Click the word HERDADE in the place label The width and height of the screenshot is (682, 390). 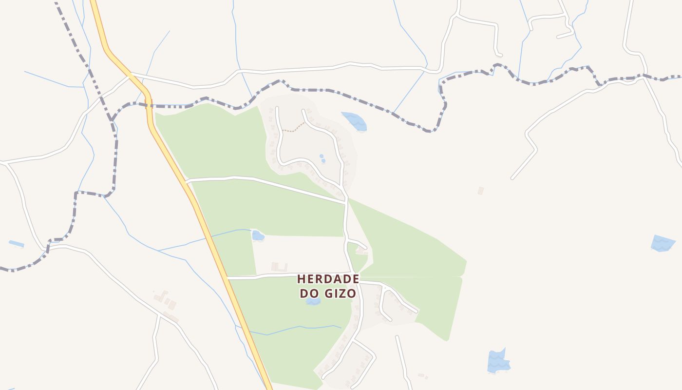tap(328, 279)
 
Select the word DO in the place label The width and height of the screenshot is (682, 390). tap(309, 294)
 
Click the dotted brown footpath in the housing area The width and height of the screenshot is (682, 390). tap(293, 129)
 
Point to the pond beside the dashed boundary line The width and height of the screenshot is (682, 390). tap(355, 121)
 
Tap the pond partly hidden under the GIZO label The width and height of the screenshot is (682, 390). tap(313, 302)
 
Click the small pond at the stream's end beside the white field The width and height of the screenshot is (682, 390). tap(257, 236)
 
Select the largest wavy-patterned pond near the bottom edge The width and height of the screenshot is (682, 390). tap(498, 362)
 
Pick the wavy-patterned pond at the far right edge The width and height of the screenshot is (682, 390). tap(663, 243)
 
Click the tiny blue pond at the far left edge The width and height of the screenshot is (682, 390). tap(16, 243)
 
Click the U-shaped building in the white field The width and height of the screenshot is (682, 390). tap(279, 267)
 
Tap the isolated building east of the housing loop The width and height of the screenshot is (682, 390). tap(481, 191)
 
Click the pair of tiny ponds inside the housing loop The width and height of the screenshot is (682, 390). tap(322, 158)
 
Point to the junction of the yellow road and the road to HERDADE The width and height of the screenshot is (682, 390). tap(228, 278)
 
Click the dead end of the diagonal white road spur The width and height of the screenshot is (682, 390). tap(512, 178)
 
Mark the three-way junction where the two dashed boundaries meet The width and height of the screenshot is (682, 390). tap(112, 119)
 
